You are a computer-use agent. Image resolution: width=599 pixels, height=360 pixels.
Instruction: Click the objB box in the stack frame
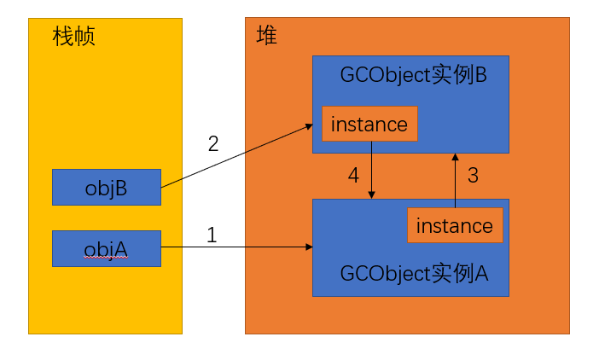pyautogui.click(x=107, y=187)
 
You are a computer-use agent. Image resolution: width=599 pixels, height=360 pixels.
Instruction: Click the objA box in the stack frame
pyautogui.click(x=107, y=248)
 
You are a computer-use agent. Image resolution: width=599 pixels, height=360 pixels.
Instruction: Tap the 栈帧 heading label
pyautogui.click(x=73, y=37)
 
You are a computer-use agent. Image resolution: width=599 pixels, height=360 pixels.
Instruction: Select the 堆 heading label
pyautogui.click(x=266, y=36)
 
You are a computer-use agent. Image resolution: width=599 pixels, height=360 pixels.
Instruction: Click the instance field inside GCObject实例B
pyautogui.click(x=369, y=125)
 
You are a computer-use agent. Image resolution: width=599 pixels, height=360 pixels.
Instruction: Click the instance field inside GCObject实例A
pyautogui.click(x=455, y=225)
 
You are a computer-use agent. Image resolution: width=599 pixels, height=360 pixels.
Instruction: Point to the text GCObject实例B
pyautogui.click(x=413, y=74)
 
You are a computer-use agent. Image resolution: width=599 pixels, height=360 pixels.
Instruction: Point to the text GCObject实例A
pyautogui.click(x=414, y=274)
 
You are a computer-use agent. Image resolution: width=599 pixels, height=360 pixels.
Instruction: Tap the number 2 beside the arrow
pyautogui.click(x=213, y=142)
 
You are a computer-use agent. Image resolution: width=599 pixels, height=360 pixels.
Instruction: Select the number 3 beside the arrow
pyautogui.click(x=473, y=176)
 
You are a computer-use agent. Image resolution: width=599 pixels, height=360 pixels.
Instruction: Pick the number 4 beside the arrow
pyautogui.click(x=353, y=176)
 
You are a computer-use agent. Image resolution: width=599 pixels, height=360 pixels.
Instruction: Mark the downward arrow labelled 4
pyautogui.click(x=372, y=171)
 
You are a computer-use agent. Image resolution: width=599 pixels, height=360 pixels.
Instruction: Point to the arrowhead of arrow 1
pyautogui.click(x=308, y=247)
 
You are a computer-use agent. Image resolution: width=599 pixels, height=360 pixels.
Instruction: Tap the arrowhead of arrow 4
pyautogui.click(x=372, y=195)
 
